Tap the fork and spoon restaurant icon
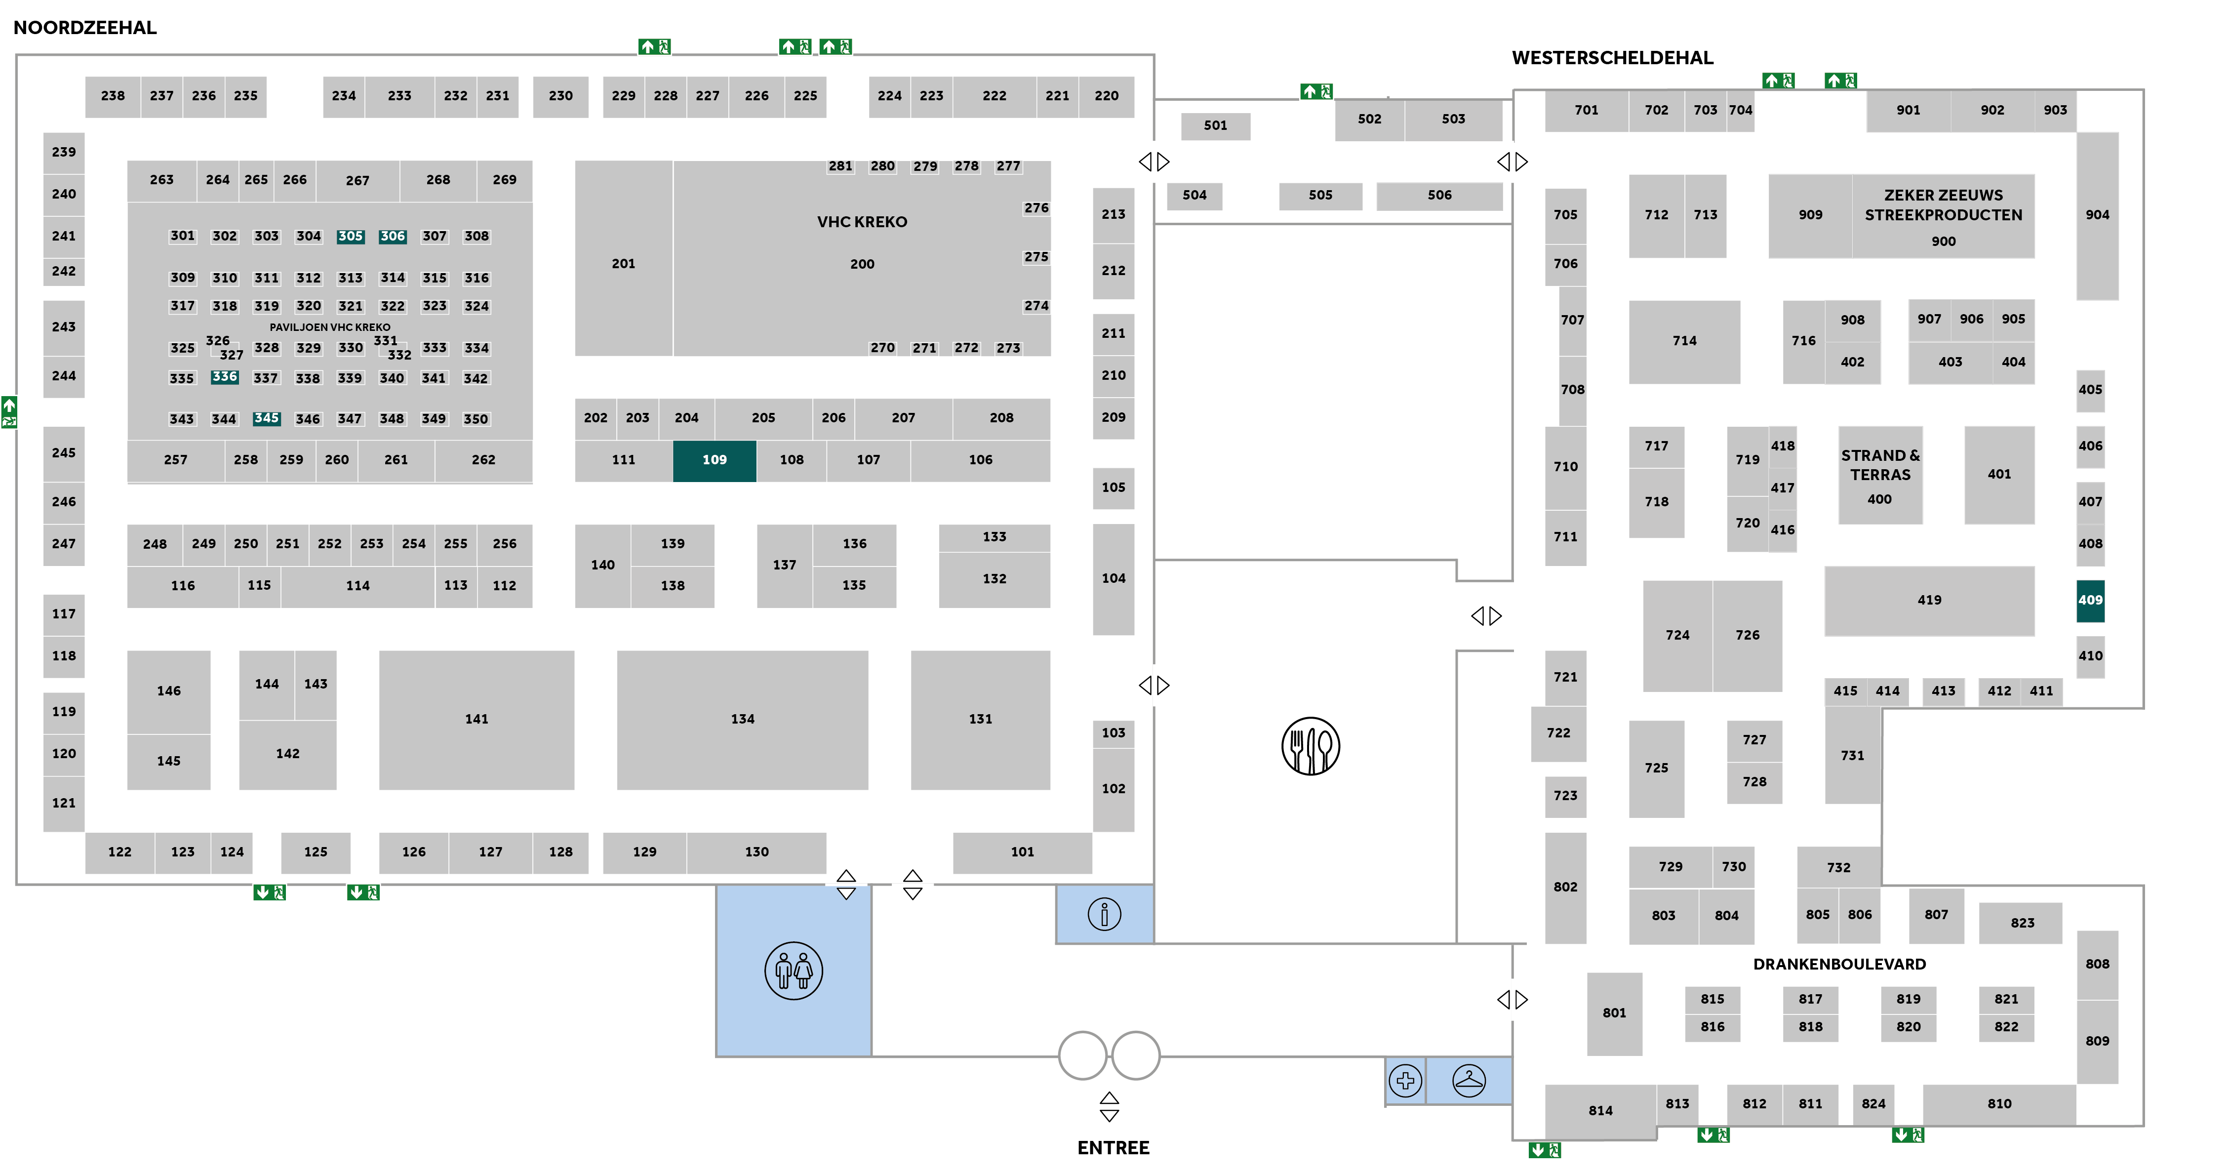1310,746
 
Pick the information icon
1104,914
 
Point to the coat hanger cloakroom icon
1469,1081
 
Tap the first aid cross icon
1405,1081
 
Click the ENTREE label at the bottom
1113,1148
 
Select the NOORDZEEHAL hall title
85,28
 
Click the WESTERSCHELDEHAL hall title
1612,58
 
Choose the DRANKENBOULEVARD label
1839,964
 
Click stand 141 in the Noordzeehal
476,719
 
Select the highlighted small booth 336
224,377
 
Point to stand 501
1215,125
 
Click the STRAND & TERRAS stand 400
1879,475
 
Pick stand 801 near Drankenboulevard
1614,1013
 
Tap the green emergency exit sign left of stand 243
9,412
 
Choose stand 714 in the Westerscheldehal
1684,341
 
